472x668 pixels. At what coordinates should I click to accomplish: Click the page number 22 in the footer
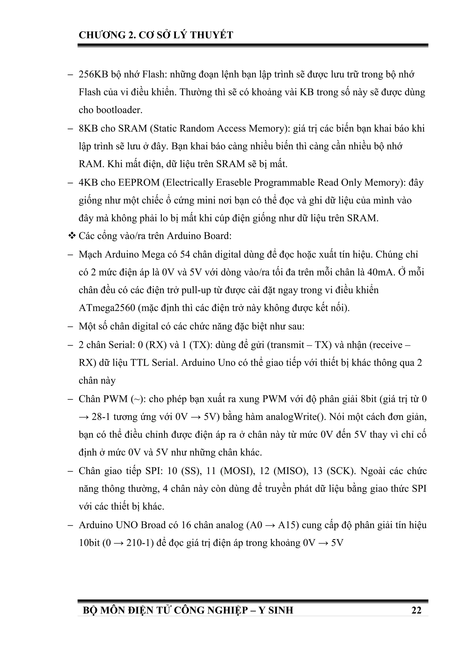(416, 610)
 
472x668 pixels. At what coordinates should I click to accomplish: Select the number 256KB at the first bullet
(93, 74)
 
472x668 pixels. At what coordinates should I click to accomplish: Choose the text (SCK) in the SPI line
(341, 471)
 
